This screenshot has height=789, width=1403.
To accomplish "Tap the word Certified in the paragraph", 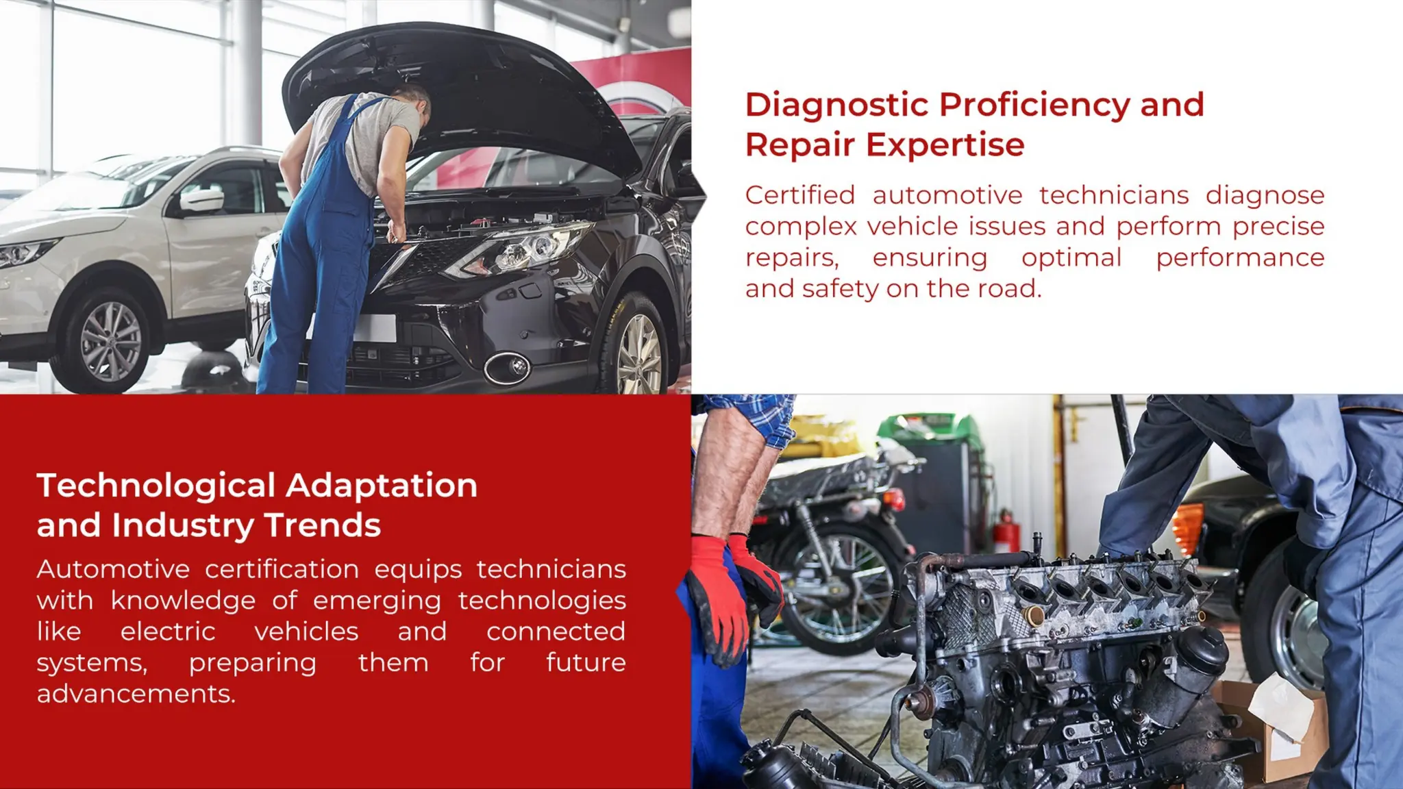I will point(799,195).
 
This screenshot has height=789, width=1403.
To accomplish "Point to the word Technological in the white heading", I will point(156,486).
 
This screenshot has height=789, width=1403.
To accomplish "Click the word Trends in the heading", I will point(322,525).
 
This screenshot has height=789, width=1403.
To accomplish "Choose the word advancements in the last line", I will point(136,694).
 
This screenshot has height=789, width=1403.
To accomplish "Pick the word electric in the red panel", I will point(168,631).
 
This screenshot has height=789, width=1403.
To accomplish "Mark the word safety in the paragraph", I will point(840,289).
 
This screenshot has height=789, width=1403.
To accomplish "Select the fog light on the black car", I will point(507,367).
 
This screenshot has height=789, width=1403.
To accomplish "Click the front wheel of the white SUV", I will point(110,340).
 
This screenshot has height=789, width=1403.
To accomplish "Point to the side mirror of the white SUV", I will point(200,200).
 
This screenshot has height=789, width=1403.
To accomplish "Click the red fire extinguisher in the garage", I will point(1007,531).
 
